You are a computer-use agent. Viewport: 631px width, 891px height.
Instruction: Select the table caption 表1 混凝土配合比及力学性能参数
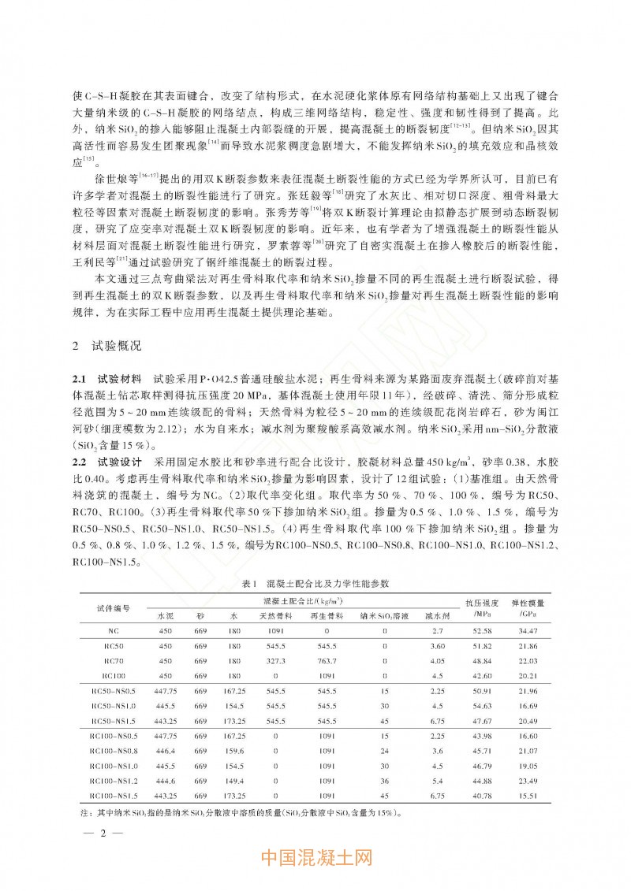316,583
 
